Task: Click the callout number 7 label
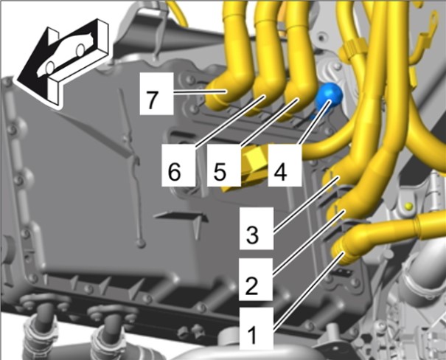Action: [156, 94]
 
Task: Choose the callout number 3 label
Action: [257, 228]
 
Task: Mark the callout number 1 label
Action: [257, 328]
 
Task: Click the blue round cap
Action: [329, 97]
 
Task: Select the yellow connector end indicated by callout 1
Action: [343, 252]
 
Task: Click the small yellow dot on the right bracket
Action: [408, 206]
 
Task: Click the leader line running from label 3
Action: [306, 203]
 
